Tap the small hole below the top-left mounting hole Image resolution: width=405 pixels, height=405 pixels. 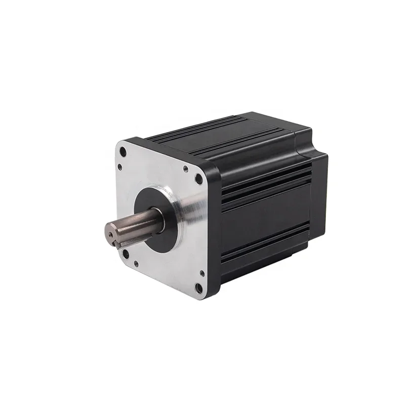point(120,167)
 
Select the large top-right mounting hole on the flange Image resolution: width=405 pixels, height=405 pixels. point(199,178)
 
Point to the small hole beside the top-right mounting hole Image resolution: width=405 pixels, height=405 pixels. point(186,169)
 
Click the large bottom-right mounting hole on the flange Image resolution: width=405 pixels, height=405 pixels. point(199,289)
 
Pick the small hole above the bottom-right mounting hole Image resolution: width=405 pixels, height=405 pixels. point(202,273)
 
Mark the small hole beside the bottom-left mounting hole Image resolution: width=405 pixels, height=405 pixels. point(136,263)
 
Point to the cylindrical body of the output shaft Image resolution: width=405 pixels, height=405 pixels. point(137,223)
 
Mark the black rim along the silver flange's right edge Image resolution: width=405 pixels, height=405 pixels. point(213,228)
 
